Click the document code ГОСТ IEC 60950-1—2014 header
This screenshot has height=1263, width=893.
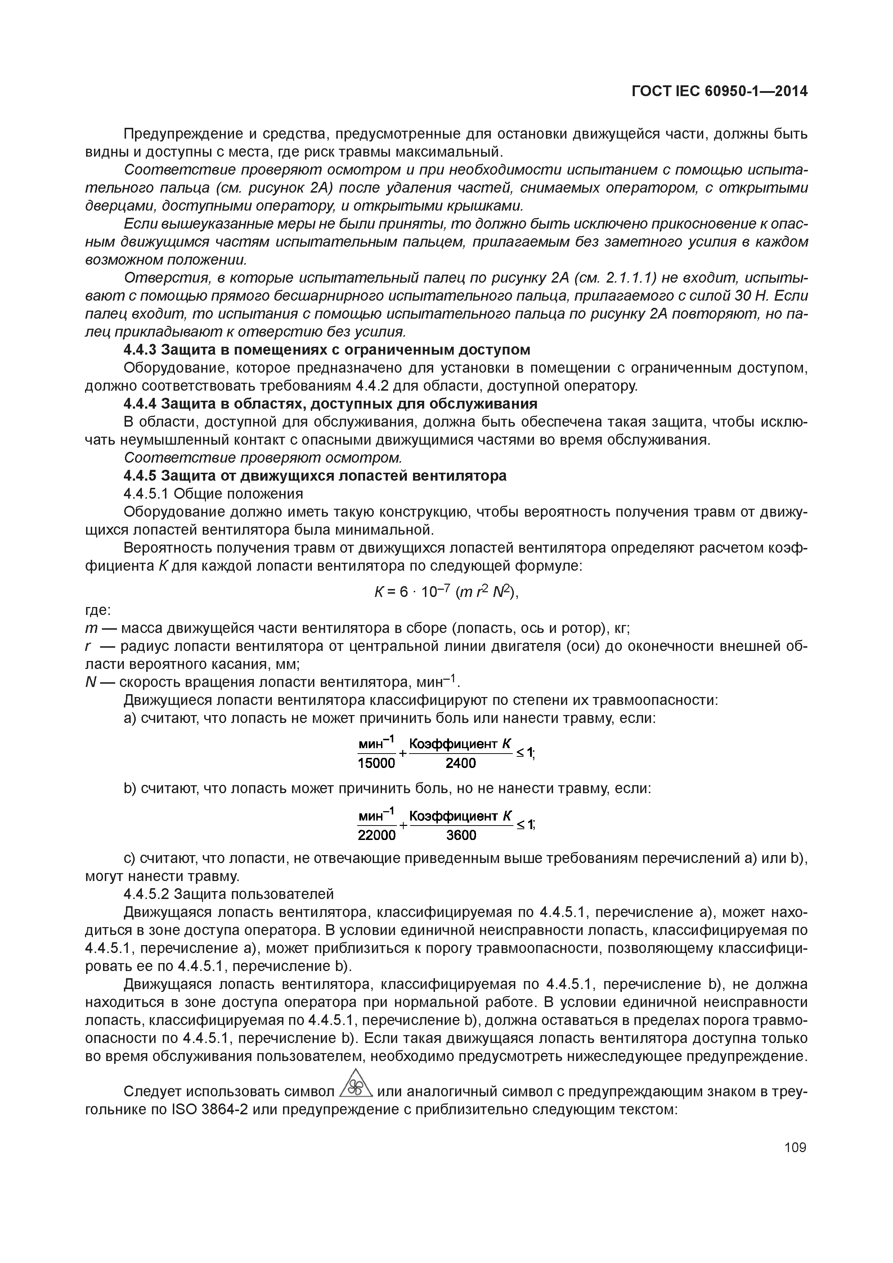pos(719,91)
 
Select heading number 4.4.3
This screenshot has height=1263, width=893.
pos(141,350)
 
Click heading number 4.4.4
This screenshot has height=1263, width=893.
pos(141,404)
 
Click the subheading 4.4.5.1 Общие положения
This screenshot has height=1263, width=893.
pos(214,494)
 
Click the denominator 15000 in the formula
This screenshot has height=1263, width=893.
pos(376,763)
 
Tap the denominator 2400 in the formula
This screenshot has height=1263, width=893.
pos(461,763)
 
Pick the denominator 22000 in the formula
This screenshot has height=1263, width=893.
pos(376,835)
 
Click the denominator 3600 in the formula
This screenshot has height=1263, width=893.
pos(461,835)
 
